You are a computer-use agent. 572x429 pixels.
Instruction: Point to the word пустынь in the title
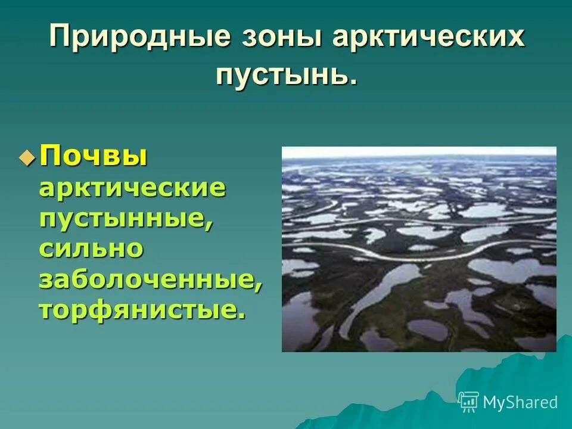coord(282,76)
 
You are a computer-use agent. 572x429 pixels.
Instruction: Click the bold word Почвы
coord(94,158)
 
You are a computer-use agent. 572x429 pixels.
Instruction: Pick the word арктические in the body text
coord(132,188)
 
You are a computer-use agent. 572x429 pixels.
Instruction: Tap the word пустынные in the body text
coord(123,219)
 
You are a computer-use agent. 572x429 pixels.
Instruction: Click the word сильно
coord(91,248)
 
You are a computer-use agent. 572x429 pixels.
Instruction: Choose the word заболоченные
coord(147,279)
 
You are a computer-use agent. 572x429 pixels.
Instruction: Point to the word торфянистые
coord(138,310)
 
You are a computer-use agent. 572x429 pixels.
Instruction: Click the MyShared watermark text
coord(520,402)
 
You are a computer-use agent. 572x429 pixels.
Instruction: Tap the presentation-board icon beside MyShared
coord(469,402)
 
